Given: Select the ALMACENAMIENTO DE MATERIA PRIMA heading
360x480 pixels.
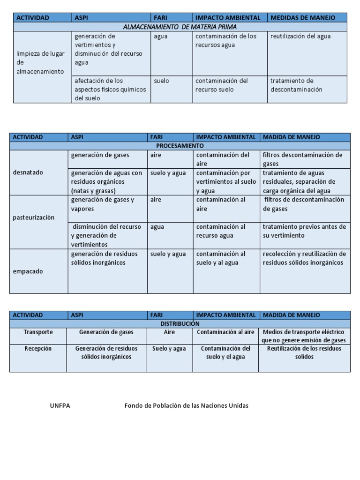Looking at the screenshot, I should (180, 27).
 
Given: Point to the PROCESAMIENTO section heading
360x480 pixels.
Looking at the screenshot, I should (180, 146).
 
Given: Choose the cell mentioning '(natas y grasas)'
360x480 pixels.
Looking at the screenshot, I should (107, 182).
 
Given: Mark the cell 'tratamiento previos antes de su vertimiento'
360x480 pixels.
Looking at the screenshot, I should (304, 231).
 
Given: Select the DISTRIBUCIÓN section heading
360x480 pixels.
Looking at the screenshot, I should (180, 324).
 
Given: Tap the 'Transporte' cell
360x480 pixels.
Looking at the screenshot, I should (38, 332).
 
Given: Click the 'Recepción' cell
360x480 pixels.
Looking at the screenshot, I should (38, 349).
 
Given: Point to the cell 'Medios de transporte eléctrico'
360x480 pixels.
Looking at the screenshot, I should (304, 336).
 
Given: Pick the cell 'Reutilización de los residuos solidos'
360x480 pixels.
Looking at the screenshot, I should (304, 352).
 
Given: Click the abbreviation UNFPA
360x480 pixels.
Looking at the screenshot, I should (60, 406).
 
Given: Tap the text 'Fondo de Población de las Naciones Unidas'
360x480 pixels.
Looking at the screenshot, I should (187, 406).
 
